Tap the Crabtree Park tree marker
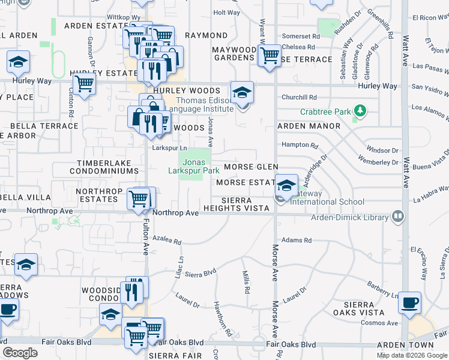(360, 110)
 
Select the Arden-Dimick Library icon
(397, 216)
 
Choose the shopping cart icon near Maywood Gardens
(270, 56)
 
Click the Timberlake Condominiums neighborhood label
(108, 167)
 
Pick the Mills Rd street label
(246, 282)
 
